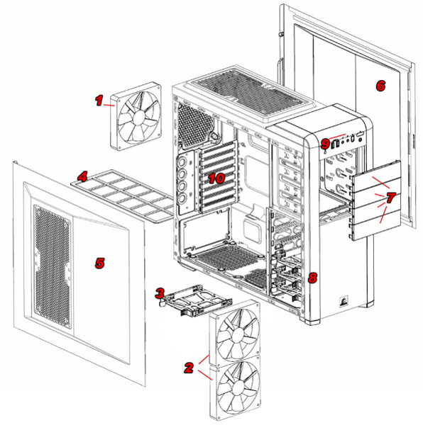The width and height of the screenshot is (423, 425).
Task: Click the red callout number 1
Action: coord(99,101)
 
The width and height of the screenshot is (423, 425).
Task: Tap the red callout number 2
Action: coord(188,368)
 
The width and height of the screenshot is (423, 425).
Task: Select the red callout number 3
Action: coord(160,293)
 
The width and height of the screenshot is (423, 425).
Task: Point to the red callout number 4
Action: coord(83,175)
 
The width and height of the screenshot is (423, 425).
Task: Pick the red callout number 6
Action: coord(380,86)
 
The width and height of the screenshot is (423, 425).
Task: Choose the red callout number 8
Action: coord(313,277)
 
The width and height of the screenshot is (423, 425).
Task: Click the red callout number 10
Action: coord(216,178)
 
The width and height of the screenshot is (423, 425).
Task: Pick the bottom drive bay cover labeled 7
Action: coord(375,227)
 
